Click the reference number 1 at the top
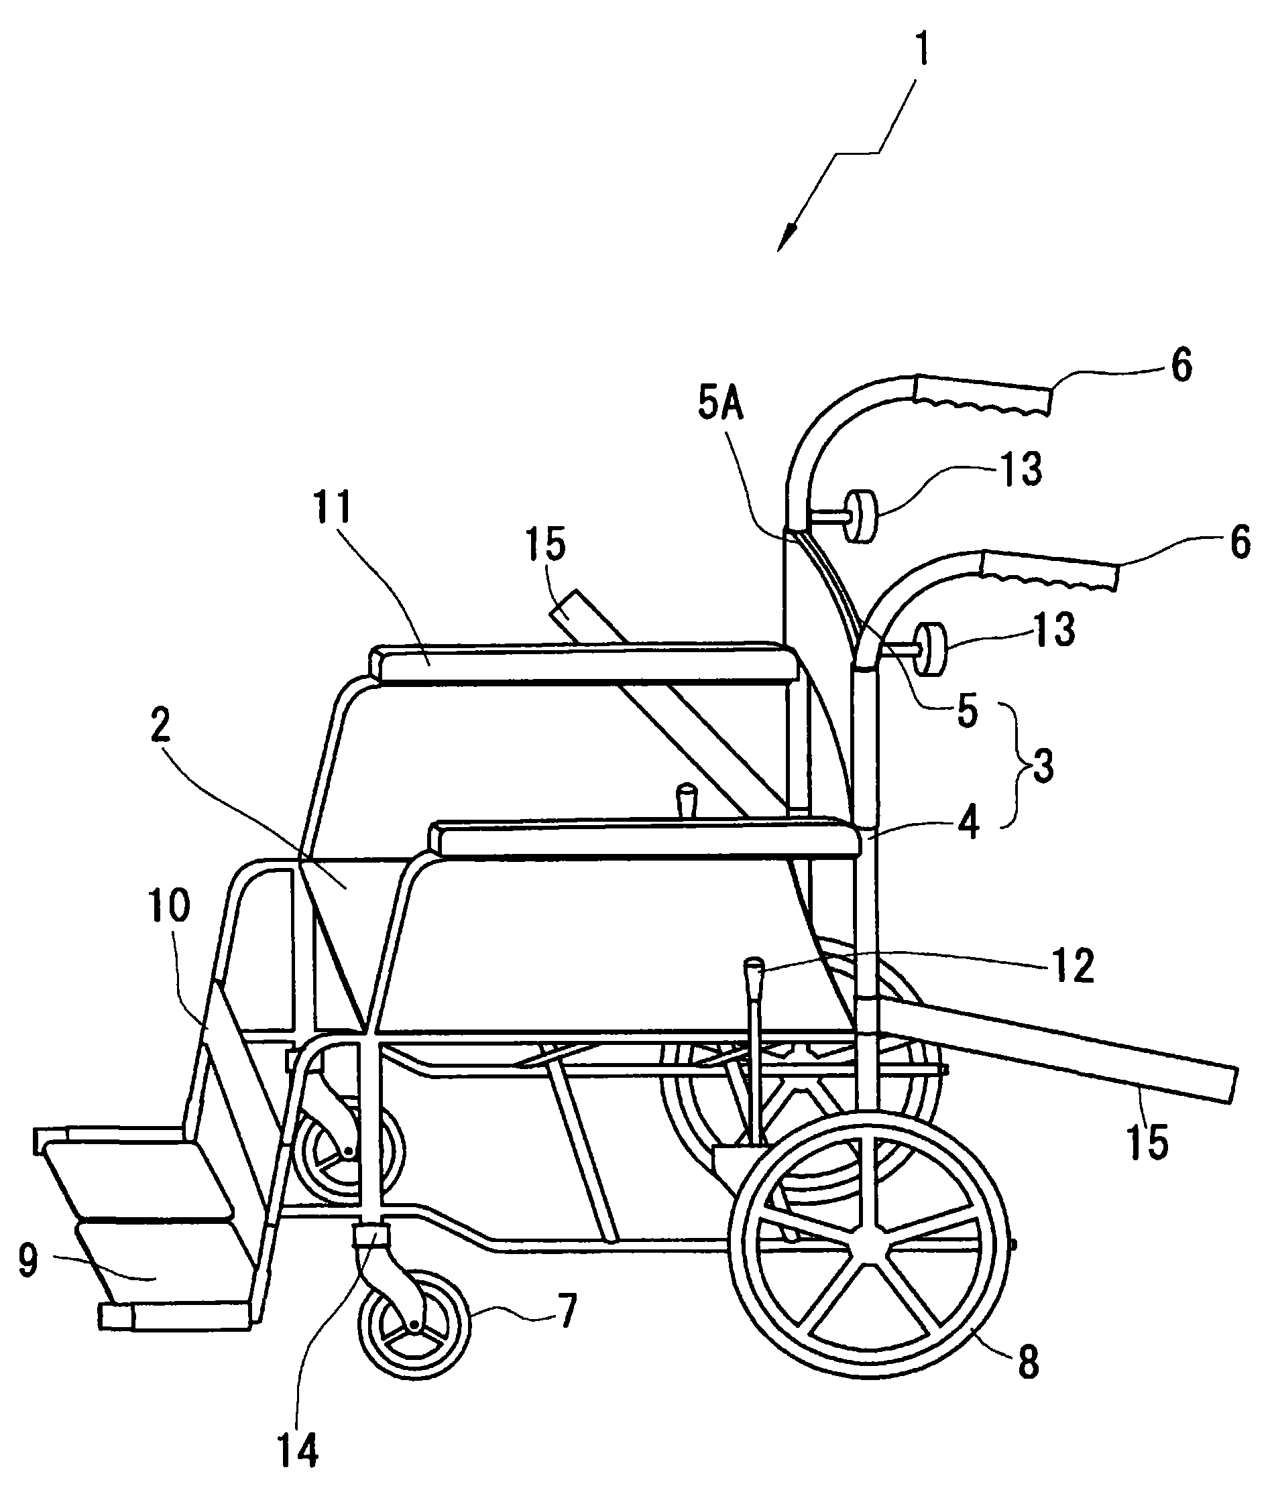pos(922,46)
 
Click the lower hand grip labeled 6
pos(1049,570)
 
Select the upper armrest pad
pos(584,660)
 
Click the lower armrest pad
pos(646,838)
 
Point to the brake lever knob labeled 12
pos(753,965)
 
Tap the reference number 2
pos(160,726)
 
